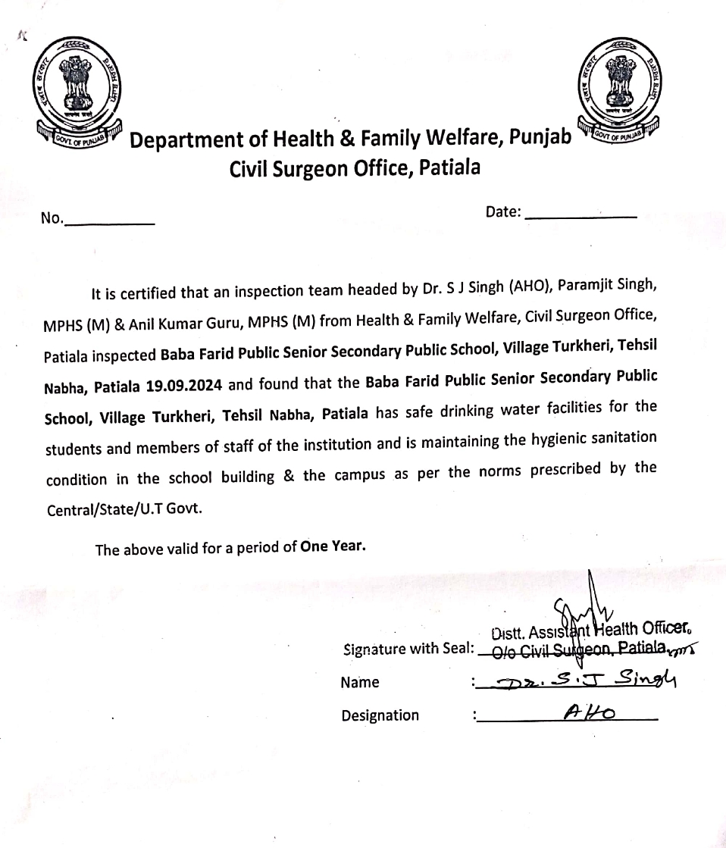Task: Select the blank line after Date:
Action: [580, 216]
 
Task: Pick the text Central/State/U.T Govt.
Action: [124, 510]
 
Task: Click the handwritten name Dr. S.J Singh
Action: [582, 680]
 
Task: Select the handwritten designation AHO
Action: [588, 712]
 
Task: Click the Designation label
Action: [380, 715]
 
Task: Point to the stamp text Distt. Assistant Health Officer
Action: [590, 631]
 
